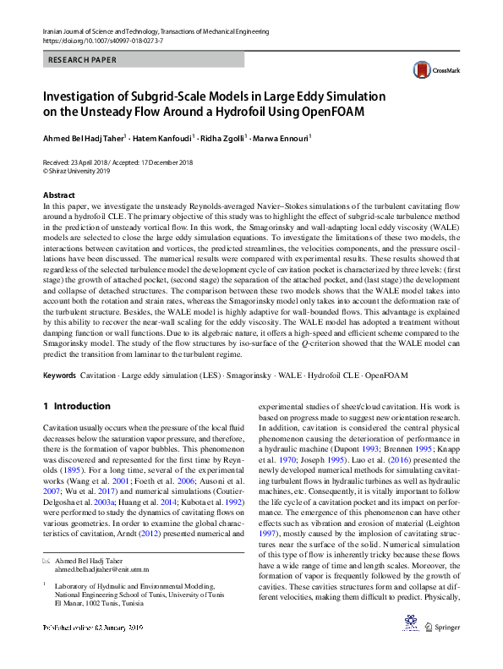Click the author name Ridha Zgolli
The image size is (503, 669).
pyautogui.click(x=226, y=136)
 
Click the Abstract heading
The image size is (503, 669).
pyautogui.click(x=59, y=195)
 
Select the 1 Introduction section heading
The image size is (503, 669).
pyautogui.click(x=76, y=406)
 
